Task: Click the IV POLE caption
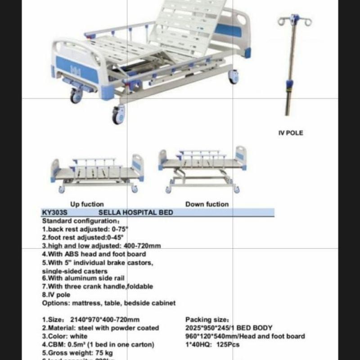[290, 133]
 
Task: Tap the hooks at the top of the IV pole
[295, 20]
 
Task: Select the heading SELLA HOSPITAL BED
[135, 212]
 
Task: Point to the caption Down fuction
[207, 204]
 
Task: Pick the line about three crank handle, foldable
[97, 286]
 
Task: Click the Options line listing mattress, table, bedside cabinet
[108, 303]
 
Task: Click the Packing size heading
[207, 320]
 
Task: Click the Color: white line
[65, 336]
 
